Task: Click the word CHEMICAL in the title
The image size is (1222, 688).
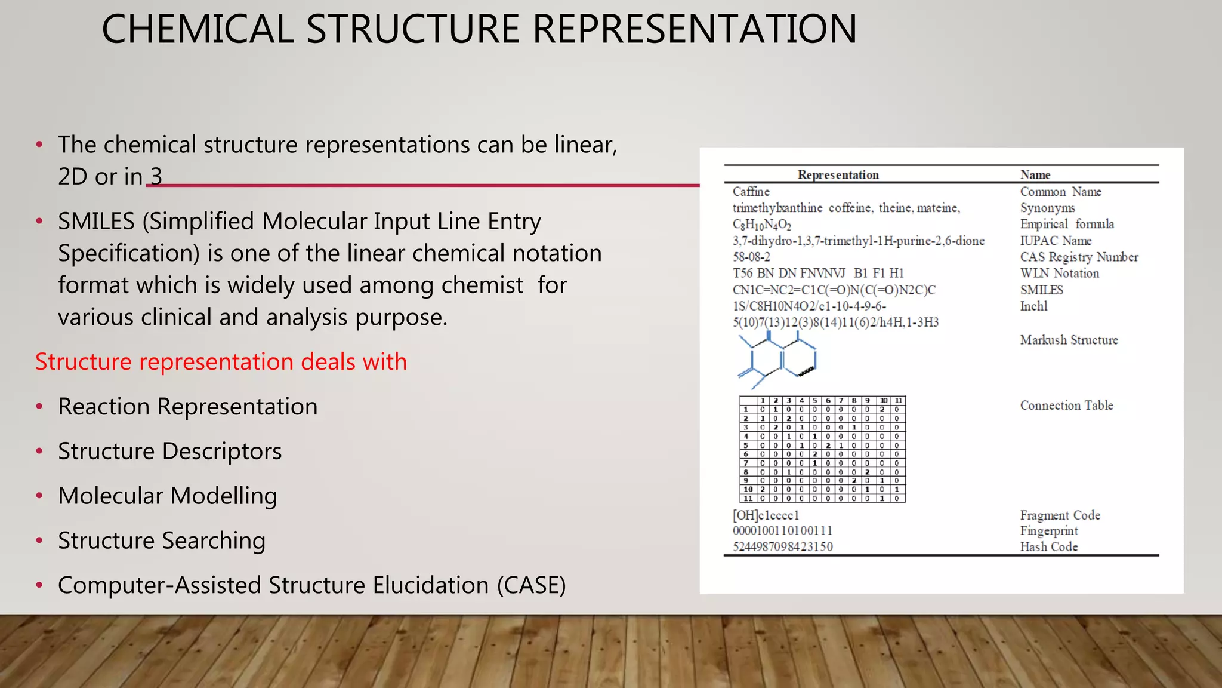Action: [198, 29]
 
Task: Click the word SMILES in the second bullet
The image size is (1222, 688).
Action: [96, 222]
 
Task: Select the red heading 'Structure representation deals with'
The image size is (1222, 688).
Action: [221, 362]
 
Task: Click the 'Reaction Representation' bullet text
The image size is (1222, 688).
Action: [187, 407]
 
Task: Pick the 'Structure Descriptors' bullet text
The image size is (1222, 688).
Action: [169, 451]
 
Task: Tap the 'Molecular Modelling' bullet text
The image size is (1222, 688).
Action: [167, 496]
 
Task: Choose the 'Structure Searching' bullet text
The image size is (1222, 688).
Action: [161, 541]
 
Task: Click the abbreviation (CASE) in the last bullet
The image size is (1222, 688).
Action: [531, 585]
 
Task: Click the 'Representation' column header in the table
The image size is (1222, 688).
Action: [838, 175]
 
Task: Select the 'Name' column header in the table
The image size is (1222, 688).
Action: [1035, 175]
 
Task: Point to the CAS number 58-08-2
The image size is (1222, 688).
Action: [751, 257]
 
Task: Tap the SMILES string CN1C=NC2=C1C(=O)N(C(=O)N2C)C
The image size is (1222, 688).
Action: [834, 290]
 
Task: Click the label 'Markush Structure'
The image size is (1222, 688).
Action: [1069, 340]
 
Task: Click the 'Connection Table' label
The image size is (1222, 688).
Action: [1066, 406]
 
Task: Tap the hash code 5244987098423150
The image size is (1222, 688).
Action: [782, 547]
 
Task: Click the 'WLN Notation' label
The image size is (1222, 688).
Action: [1059, 274]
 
